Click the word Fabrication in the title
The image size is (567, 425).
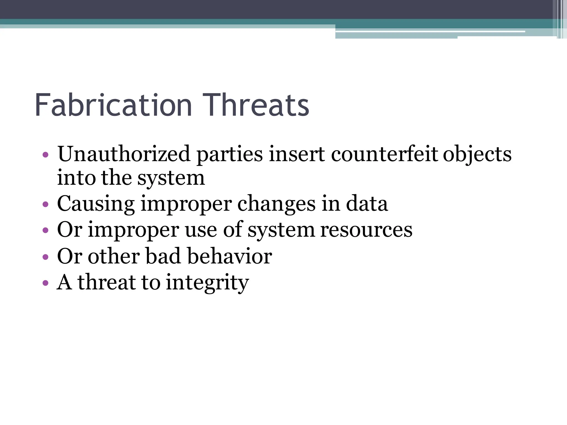pos(113,105)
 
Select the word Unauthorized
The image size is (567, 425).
pos(124,154)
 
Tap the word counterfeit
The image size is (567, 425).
pos(385,154)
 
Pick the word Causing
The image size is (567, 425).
pos(96,204)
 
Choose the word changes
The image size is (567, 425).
pos(276,204)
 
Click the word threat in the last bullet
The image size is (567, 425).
pos(106,282)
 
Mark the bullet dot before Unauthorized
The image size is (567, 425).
pos(46,154)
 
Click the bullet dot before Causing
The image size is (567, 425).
pos(46,204)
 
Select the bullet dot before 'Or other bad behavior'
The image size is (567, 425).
pos(46,257)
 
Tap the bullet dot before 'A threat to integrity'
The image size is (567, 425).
pos(46,283)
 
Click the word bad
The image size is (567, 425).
pos(163,256)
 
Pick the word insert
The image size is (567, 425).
pos(297,154)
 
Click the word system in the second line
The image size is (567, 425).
pos(171,178)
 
